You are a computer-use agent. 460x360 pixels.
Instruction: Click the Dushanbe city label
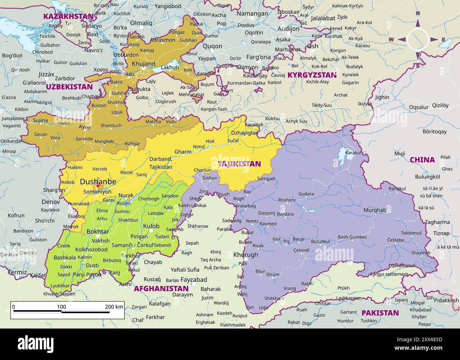[x=98, y=181]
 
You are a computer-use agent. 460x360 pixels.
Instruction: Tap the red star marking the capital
[x=98, y=186]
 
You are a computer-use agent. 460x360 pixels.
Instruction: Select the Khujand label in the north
[x=143, y=64]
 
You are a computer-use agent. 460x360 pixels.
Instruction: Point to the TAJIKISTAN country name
[x=239, y=164]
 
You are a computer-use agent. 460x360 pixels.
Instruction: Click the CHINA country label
[x=422, y=160]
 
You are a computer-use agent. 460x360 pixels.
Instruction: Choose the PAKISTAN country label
[x=380, y=313]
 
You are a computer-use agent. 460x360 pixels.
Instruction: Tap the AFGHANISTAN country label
[x=161, y=288]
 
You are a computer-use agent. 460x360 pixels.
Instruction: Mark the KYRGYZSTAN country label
[x=312, y=75]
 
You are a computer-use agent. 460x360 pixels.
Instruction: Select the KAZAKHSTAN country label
[x=68, y=16]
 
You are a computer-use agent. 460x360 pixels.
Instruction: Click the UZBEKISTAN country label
[x=69, y=87]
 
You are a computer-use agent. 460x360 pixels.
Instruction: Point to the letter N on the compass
[x=418, y=13]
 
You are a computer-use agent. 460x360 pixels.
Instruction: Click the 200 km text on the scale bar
[x=114, y=307]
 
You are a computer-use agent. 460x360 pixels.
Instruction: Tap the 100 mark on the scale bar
[x=62, y=307]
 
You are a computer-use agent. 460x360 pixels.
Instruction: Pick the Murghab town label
[x=375, y=210]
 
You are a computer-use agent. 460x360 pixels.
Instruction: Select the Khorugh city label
[x=246, y=255]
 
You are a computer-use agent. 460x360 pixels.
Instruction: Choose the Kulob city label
[x=151, y=226]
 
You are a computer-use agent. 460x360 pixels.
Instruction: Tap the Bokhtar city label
[x=98, y=232]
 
